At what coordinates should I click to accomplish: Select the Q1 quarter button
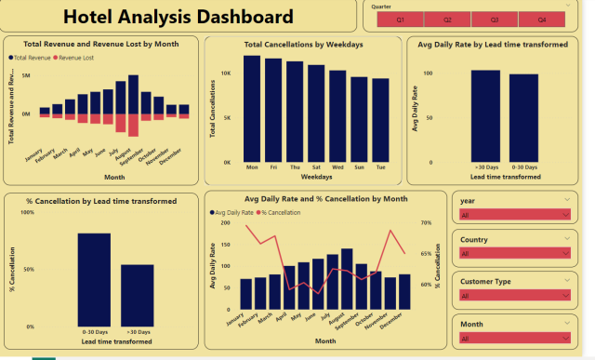click(x=400, y=20)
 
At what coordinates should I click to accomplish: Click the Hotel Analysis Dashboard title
click(x=178, y=17)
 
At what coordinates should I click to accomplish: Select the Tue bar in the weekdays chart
click(x=381, y=120)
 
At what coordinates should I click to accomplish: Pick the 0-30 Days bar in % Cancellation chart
click(x=94, y=279)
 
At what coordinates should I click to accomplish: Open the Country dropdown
click(x=514, y=253)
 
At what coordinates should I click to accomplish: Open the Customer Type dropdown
click(x=514, y=294)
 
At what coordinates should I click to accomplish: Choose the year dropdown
click(x=514, y=215)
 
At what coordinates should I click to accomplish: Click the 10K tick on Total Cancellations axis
click(x=225, y=73)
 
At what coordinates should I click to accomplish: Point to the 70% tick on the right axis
click(x=425, y=223)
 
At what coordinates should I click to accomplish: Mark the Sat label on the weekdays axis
click(x=316, y=167)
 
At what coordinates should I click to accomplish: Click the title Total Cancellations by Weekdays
click(x=303, y=45)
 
